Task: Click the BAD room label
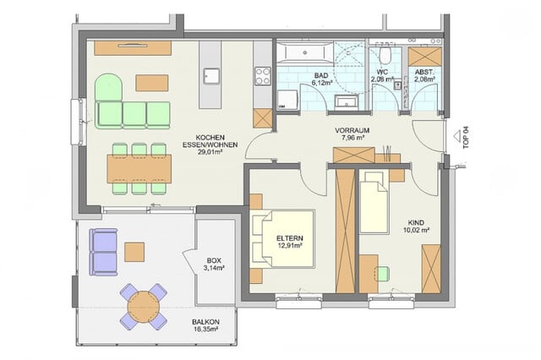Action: click(320, 75)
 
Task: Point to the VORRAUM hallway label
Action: click(348, 130)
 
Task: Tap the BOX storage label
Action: click(216, 261)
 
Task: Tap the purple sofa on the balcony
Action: click(103, 252)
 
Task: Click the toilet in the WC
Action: click(384, 56)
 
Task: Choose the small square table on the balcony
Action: click(135, 251)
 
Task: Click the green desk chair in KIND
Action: click(383, 274)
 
